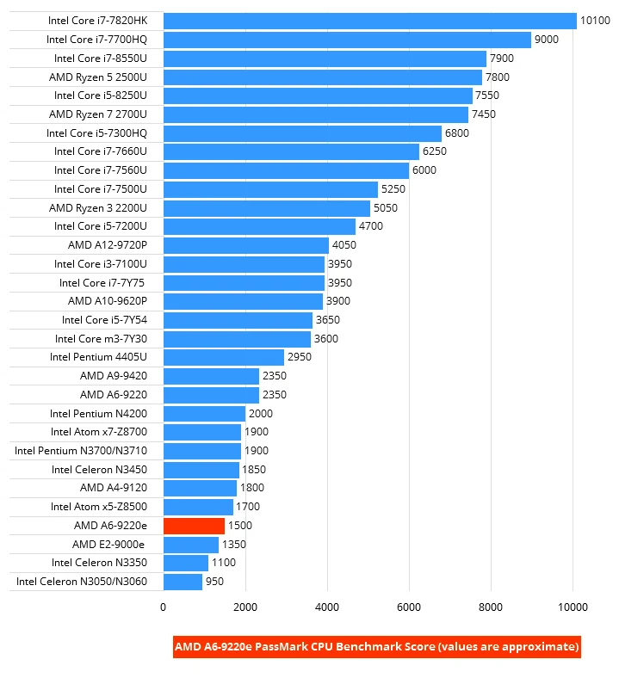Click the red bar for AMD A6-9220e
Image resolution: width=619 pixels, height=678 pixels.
(194, 526)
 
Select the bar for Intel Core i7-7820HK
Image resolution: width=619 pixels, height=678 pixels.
(369, 21)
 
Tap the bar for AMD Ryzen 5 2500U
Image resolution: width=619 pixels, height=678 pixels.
(322, 77)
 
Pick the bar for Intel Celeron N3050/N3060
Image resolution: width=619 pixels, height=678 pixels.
(183, 582)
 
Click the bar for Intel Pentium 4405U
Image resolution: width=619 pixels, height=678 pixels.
(223, 357)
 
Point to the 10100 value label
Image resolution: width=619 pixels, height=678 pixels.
(595, 21)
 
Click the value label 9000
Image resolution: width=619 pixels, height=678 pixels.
(547, 40)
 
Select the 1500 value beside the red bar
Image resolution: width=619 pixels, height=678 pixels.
(242, 526)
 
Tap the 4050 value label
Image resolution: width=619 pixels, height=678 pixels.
(344, 245)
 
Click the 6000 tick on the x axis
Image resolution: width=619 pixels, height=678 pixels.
(409, 607)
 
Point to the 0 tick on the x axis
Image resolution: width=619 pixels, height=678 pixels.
(163, 607)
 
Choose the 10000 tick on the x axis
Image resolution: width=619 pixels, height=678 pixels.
(573, 607)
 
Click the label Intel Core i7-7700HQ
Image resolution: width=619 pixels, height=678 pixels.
(96, 40)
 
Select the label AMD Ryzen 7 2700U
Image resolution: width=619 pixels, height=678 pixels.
(98, 114)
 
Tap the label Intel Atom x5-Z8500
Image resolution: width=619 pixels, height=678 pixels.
(99, 507)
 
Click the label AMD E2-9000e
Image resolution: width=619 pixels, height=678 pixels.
(109, 545)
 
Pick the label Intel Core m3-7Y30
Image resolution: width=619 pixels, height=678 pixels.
(101, 339)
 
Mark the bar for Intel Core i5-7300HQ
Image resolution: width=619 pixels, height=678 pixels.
(301, 133)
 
